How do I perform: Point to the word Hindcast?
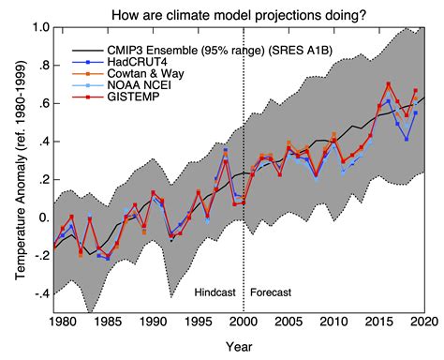point(215,292)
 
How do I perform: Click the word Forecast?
point(271,292)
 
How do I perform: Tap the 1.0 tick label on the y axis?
point(39,28)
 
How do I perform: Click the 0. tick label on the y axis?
point(42,218)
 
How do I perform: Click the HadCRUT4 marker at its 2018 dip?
point(406,140)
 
